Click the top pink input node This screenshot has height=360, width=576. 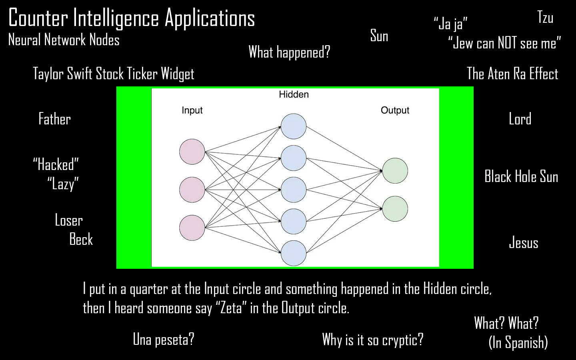(192, 152)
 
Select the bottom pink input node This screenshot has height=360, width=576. (192, 228)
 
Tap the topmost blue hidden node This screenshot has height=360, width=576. (294, 126)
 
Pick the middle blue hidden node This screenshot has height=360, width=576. (294, 190)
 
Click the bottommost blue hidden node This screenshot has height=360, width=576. (294, 253)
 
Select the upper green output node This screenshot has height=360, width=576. (395, 171)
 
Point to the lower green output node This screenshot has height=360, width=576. (395, 209)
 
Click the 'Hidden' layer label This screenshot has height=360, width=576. (294, 94)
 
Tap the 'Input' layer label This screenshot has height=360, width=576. (192, 110)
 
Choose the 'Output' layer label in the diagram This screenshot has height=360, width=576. (395, 110)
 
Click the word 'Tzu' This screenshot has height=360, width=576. (545, 18)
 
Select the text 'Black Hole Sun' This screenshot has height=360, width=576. (521, 177)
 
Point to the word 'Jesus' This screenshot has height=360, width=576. (523, 243)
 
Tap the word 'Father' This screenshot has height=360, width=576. (54, 119)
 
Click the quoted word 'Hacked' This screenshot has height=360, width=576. (56, 164)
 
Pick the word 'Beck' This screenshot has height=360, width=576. (81, 239)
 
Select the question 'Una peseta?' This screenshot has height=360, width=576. (163, 340)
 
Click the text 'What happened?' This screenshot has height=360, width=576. (289, 52)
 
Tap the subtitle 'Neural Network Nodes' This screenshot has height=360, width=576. (64, 40)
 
